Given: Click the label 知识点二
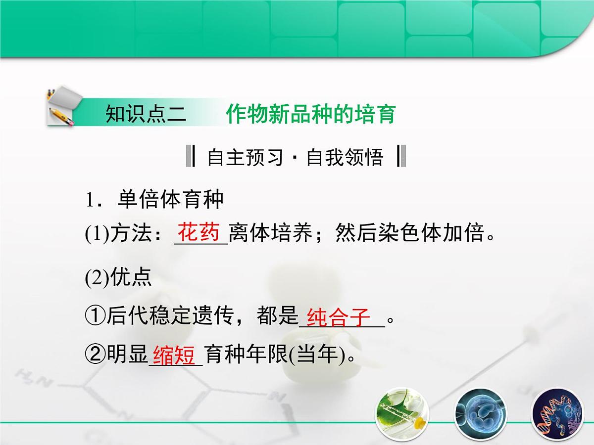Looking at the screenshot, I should (x=146, y=114).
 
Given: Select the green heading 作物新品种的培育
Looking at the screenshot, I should (x=311, y=114).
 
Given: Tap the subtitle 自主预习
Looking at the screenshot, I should (x=245, y=157).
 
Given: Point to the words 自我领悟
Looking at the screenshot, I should (x=345, y=157).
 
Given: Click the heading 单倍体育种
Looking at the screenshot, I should (x=171, y=199).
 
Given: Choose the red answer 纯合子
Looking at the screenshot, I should (x=339, y=317).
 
